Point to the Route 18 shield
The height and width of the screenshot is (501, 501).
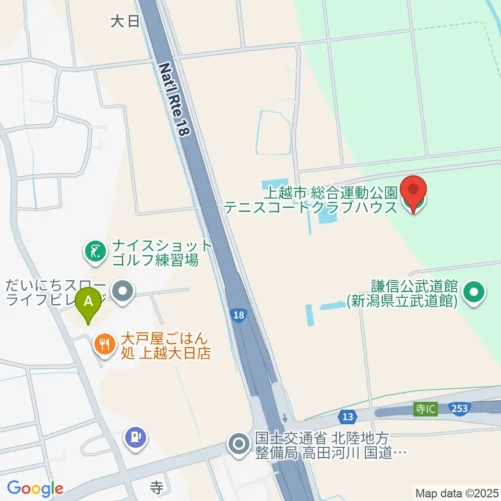tap(238, 315)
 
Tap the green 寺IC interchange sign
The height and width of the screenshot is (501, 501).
tap(425, 409)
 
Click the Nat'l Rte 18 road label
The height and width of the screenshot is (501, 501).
tap(173, 100)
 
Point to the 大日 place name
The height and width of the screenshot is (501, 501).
tap(125, 21)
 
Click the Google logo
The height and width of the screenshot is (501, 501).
tap(35, 488)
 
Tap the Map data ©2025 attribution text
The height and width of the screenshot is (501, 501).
tap(457, 492)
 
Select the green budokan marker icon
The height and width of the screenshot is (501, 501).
tap(475, 292)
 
